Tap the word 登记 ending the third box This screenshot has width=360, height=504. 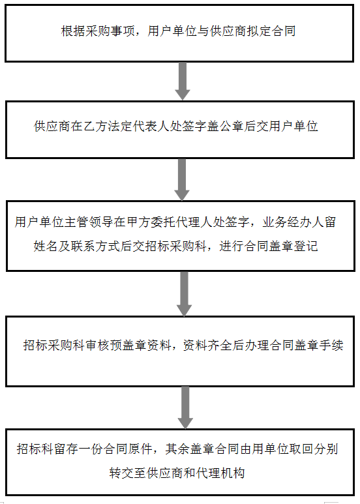click(306, 246)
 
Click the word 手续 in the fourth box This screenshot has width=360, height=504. click(331, 346)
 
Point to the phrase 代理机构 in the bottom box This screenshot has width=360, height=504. click(220, 473)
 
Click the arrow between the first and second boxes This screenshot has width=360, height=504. click(182, 81)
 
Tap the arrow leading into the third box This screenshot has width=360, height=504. click(182, 179)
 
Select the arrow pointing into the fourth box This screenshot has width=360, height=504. click(184, 293)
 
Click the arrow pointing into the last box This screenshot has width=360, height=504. click(185, 408)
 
